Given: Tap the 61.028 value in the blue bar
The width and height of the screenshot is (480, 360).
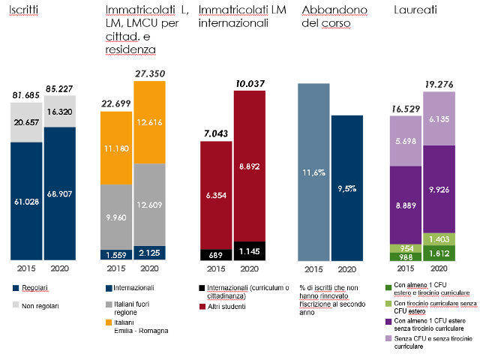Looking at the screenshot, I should (26, 200).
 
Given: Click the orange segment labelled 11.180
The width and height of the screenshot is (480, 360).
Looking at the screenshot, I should (117, 149).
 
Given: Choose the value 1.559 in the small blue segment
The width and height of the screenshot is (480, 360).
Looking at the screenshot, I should (117, 254).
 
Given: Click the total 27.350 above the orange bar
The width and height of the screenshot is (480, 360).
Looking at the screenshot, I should (150, 73).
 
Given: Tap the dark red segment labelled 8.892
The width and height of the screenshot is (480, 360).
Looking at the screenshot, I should (249, 169).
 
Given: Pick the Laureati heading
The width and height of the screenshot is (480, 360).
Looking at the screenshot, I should (411, 11).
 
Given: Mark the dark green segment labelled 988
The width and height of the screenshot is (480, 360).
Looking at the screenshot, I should (405, 256).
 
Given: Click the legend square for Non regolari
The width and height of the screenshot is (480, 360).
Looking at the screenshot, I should (16, 304).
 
